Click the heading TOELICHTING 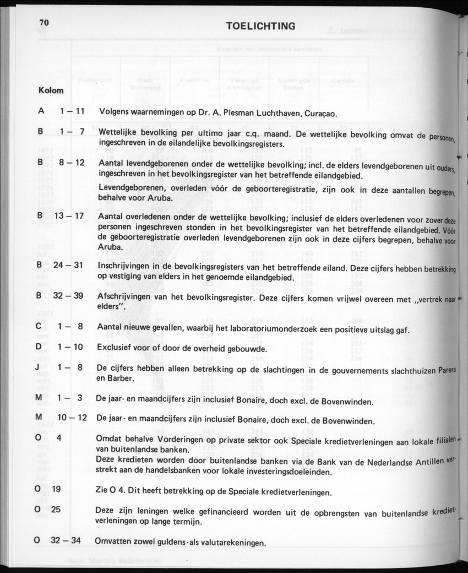260,26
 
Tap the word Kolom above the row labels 51,90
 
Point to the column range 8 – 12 72,163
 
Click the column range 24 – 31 68,266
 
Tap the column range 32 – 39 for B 68,296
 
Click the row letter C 39,327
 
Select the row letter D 39,347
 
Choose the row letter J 39,367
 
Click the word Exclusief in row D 116,348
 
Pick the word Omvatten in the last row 113,541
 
